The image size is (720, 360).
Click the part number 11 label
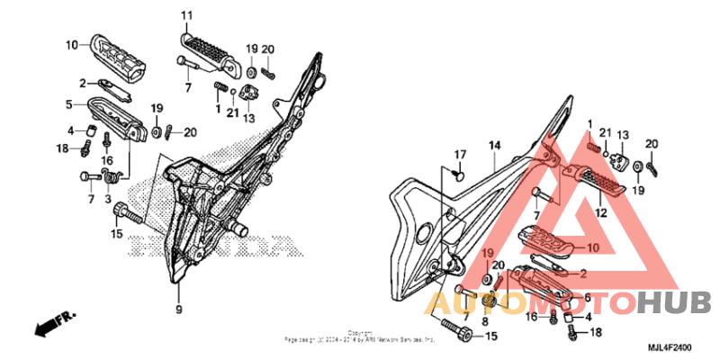click(x=186, y=15)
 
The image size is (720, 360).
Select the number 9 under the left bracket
click(x=178, y=310)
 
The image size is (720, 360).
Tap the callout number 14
click(x=494, y=145)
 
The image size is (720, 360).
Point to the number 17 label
click(x=459, y=154)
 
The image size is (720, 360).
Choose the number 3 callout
click(x=107, y=198)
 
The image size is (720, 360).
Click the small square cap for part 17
click(x=457, y=175)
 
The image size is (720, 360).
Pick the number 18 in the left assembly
click(x=63, y=148)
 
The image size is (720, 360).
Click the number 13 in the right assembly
click(x=622, y=134)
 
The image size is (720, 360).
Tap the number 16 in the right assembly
click(x=532, y=317)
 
